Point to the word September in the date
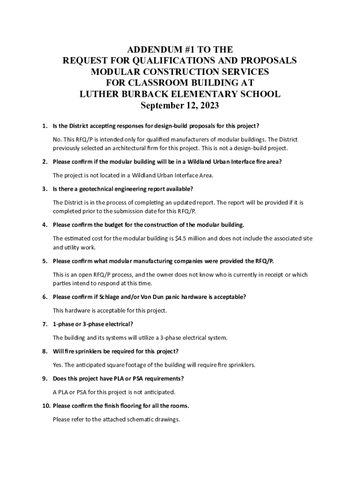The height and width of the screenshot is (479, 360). (162, 106)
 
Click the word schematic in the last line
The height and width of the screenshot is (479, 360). (132, 419)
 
